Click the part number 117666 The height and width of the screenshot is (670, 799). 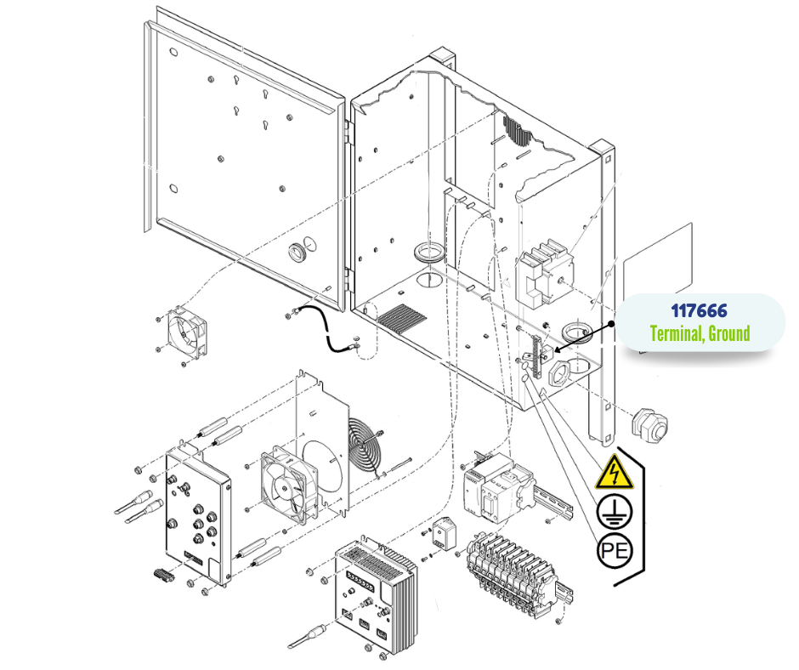[x=699, y=311]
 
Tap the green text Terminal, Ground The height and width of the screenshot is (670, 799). [x=700, y=332]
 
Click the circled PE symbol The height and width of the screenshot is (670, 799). [x=613, y=551]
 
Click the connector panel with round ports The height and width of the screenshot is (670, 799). [x=198, y=519]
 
